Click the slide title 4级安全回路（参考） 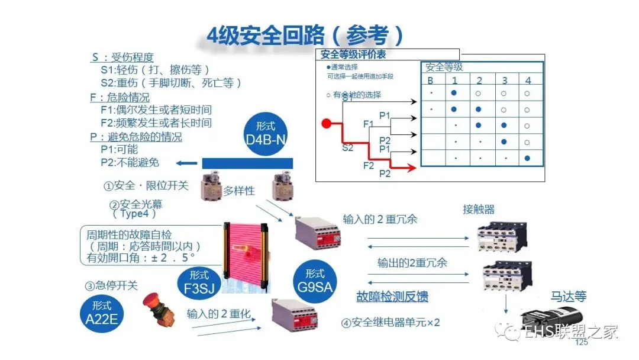pos(305,35)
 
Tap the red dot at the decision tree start pos(326,124)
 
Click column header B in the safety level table pos(431,81)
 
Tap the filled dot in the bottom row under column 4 pos(527,158)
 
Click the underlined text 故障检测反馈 pos(392,296)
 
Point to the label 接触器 pos(478,209)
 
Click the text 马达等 pos(568,296)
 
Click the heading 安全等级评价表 pos(353,55)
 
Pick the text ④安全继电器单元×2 pos(390,323)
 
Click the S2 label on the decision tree pos(347,147)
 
